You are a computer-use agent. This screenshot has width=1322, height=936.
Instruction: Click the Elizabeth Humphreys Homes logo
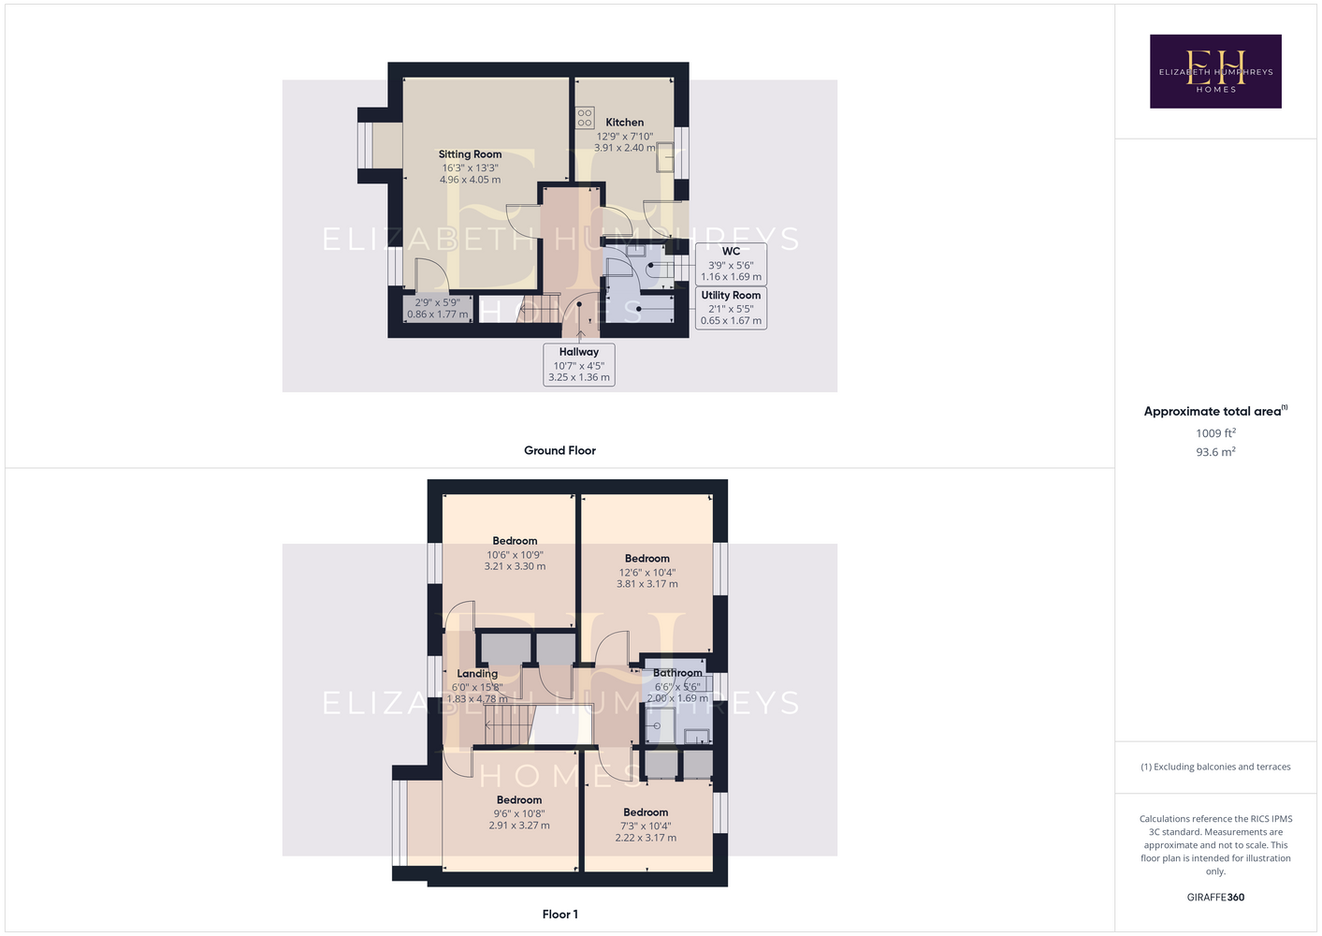click(x=1215, y=71)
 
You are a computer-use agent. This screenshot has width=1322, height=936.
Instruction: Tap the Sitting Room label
click(x=470, y=154)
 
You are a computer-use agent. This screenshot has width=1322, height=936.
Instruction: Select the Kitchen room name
click(x=624, y=123)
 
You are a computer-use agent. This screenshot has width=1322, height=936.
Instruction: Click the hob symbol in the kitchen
click(x=585, y=118)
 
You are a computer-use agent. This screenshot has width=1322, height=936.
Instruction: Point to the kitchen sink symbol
click(x=665, y=157)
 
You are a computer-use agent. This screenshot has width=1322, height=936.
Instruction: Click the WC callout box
click(x=731, y=264)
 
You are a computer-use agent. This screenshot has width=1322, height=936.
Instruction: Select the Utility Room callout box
click(x=731, y=308)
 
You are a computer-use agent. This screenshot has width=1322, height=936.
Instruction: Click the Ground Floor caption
click(x=559, y=450)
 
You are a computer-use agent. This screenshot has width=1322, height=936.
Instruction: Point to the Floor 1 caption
click(x=560, y=914)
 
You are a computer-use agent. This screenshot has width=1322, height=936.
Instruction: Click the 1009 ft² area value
click(x=1215, y=432)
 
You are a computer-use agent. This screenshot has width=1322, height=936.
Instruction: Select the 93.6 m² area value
click(x=1215, y=452)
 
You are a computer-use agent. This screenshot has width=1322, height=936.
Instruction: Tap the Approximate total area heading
click(x=1215, y=411)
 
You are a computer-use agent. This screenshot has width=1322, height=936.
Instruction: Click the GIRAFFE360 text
click(x=1215, y=897)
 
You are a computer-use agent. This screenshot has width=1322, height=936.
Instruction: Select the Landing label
click(x=477, y=673)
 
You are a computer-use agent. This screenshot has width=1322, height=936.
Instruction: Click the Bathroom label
click(x=677, y=673)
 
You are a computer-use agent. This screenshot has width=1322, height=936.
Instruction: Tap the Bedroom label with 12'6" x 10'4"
click(x=647, y=558)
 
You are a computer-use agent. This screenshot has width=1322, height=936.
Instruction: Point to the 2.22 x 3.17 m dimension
click(x=646, y=838)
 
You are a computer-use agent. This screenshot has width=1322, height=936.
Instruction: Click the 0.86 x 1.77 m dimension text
click(x=438, y=314)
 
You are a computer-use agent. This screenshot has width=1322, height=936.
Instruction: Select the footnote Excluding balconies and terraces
click(x=1215, y=767)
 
